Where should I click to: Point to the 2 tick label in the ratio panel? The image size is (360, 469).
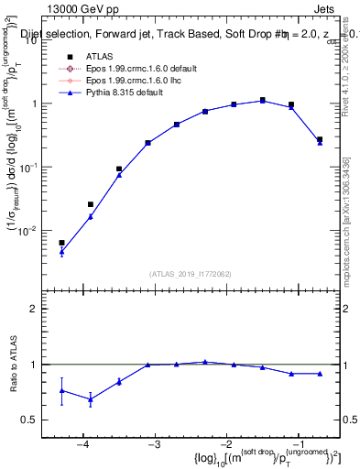(x=42, y=310)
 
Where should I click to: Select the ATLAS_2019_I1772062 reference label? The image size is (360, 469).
(x=191, y=273)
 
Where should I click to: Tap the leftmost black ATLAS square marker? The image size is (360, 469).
(x=61, y=243)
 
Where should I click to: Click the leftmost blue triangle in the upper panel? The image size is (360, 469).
(x=61, y=252)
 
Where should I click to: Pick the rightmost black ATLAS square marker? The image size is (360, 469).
(x=320, y=139)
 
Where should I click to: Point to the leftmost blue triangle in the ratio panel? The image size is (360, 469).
(x=61, y=390)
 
